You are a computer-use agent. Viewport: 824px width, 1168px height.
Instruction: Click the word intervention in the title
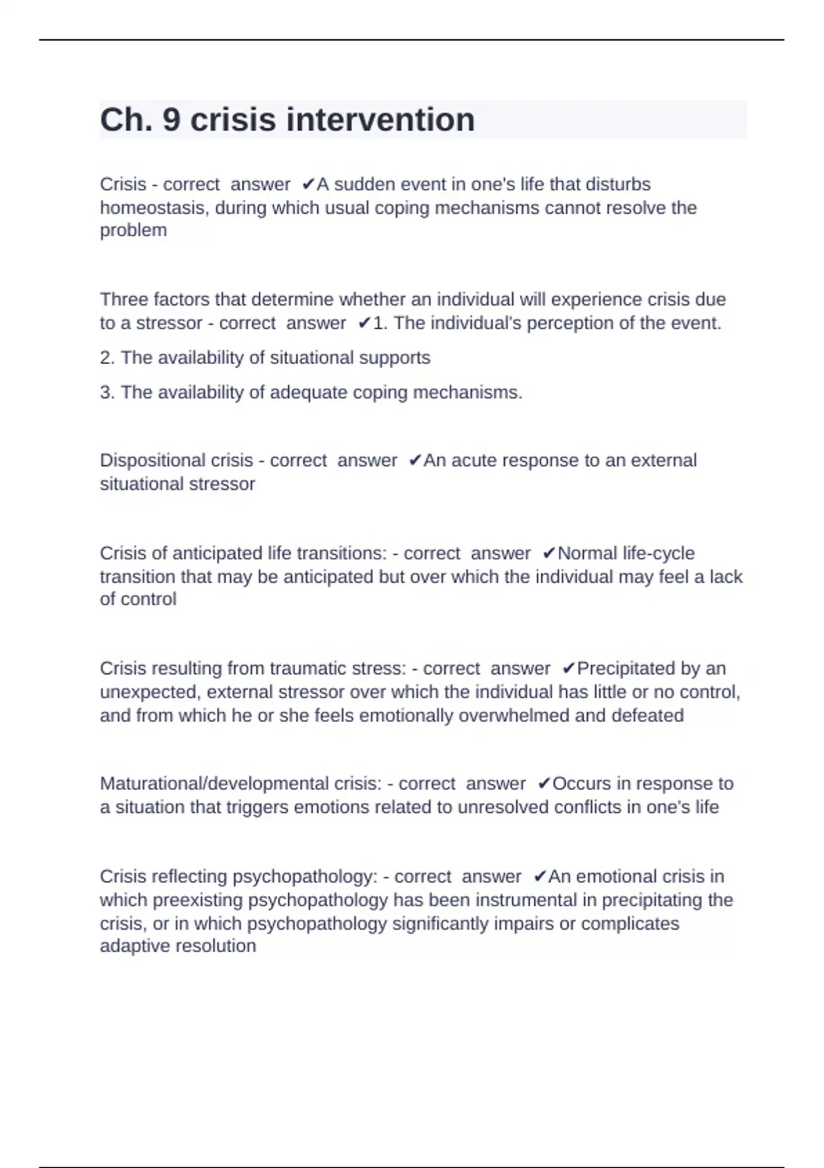pyautogui.click(x=380, y=120)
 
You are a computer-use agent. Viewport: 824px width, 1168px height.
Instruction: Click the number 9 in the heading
pyautogui.click(x=171, y=120)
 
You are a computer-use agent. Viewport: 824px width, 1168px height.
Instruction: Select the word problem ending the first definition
pyautogui.click(x=133, y=230)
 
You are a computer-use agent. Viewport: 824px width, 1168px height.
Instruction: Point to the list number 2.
pyautogui.click(x=106, y=358)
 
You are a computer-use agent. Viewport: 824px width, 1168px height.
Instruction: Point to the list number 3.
pyautogui.click(x=106, y=392)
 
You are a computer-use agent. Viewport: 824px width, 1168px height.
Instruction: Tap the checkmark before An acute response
pyautogui.click(x=414, y=460)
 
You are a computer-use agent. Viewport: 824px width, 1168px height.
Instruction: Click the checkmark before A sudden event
pyautogui.click(x=308, y=185)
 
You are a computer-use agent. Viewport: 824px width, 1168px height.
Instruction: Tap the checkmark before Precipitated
pyautogui.click(x=568, y=669)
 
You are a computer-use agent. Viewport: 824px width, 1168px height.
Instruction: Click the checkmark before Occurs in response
pyautogui.click(x=544, y=784)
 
